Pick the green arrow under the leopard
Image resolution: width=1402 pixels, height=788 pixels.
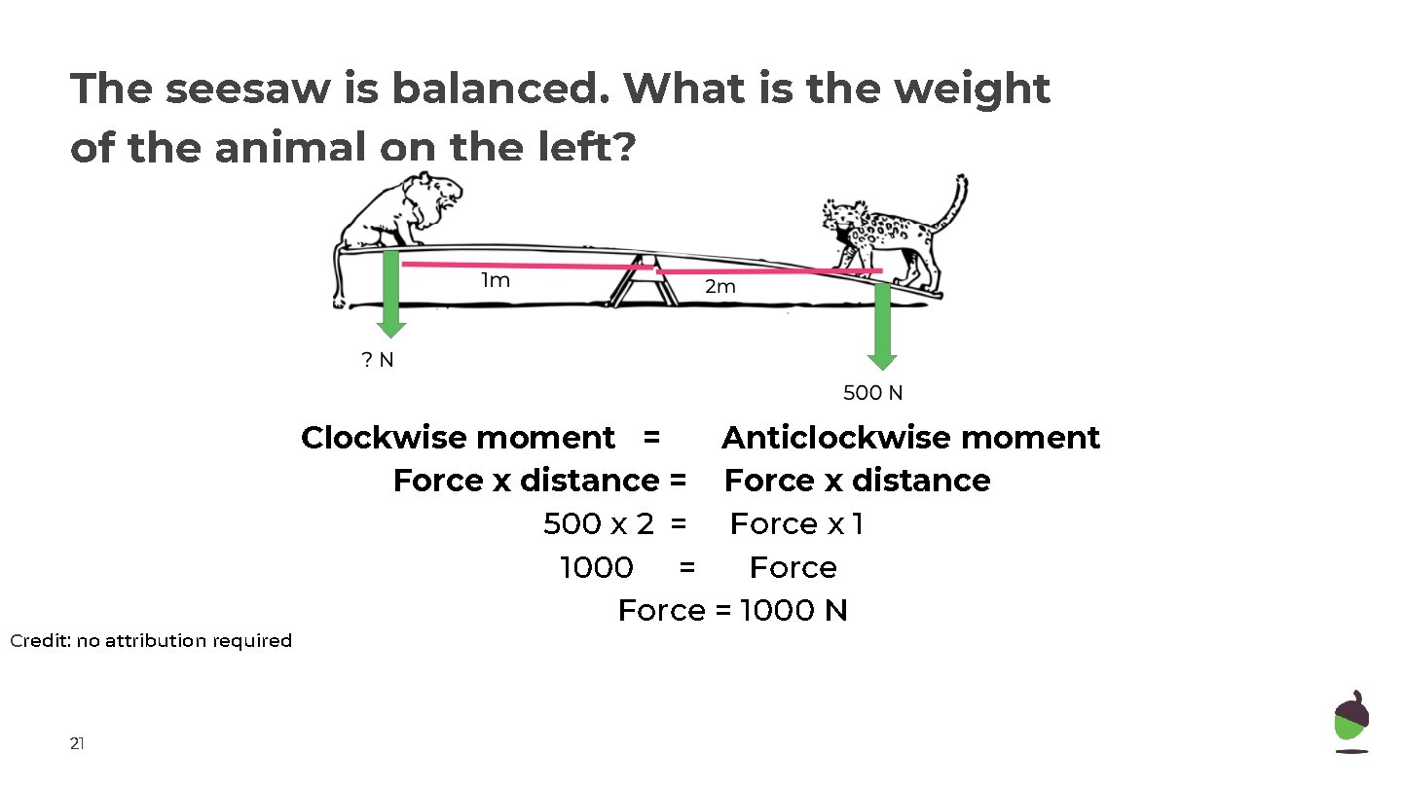click(882, 326)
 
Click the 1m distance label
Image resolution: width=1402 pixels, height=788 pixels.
click(496, 281)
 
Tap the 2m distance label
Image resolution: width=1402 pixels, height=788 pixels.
click(720, 287)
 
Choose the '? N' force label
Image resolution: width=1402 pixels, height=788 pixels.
click(378, 360)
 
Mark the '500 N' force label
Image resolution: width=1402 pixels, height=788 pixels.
click(872, 393)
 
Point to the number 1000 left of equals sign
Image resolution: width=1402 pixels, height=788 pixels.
click(596, 567)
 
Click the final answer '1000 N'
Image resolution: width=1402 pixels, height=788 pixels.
click(793, 611)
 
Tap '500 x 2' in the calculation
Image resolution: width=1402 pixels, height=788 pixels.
click(598, 524)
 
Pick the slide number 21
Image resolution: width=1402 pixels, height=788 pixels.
click(77, 744)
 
